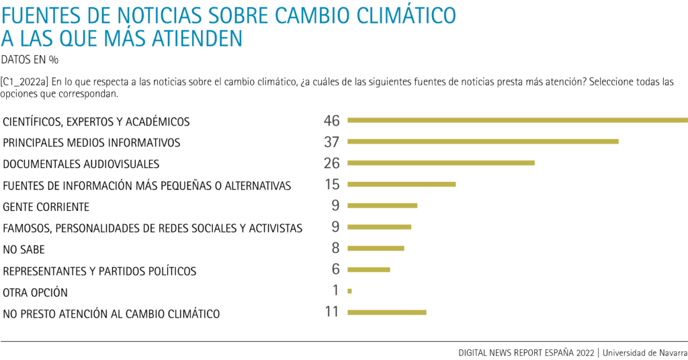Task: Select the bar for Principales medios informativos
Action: point(482,142)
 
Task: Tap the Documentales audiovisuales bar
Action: point(441,163)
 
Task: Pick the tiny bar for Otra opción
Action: point(350,291)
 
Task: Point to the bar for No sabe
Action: point(376,249)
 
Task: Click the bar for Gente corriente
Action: point(382,206)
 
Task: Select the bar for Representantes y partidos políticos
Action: point(369,270)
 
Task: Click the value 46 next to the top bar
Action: point(332,121)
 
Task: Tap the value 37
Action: point(332,142)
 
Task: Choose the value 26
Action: point(332,163)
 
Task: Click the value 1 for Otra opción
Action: point(335,291)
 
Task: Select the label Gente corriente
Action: point(46,207)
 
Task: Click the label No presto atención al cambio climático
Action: point(112,314)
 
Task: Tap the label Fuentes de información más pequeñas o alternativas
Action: point(147,185)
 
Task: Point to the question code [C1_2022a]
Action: point(26,82)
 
